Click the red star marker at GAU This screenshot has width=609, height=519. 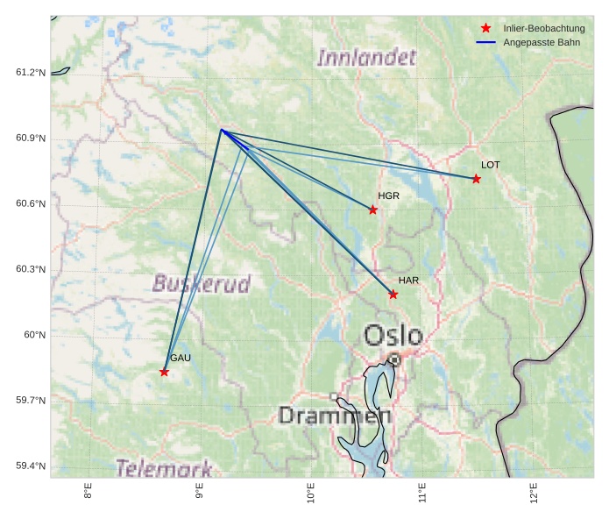click(x=164, y=372)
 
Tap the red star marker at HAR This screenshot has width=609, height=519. click(x=393, y=295)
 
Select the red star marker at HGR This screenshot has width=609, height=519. click(x=372, y=210)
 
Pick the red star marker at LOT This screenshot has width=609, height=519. click(x=476, y=179)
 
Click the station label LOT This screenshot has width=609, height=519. click(x=491, y=165)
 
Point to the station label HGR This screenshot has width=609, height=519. click(x=388, y=196)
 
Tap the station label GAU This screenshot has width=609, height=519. click(x=181, y=358)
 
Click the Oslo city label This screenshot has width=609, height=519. click(x=393, y=336)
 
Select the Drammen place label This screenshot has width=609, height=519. click(x=333, y=416)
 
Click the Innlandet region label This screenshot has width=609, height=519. click(x=366, y=59)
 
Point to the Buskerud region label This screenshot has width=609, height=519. click(x=201, y=284)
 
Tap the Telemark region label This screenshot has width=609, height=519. click(x=164, y=467)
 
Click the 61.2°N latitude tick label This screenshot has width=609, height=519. click(x=31, y=73)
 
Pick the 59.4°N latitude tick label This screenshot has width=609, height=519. click(x=31, y=466)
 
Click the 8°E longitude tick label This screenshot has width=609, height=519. click(x=89, y=492)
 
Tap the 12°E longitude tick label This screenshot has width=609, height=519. click(x=534, y=492)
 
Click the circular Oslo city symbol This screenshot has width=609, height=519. click(x=394, y=359)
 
